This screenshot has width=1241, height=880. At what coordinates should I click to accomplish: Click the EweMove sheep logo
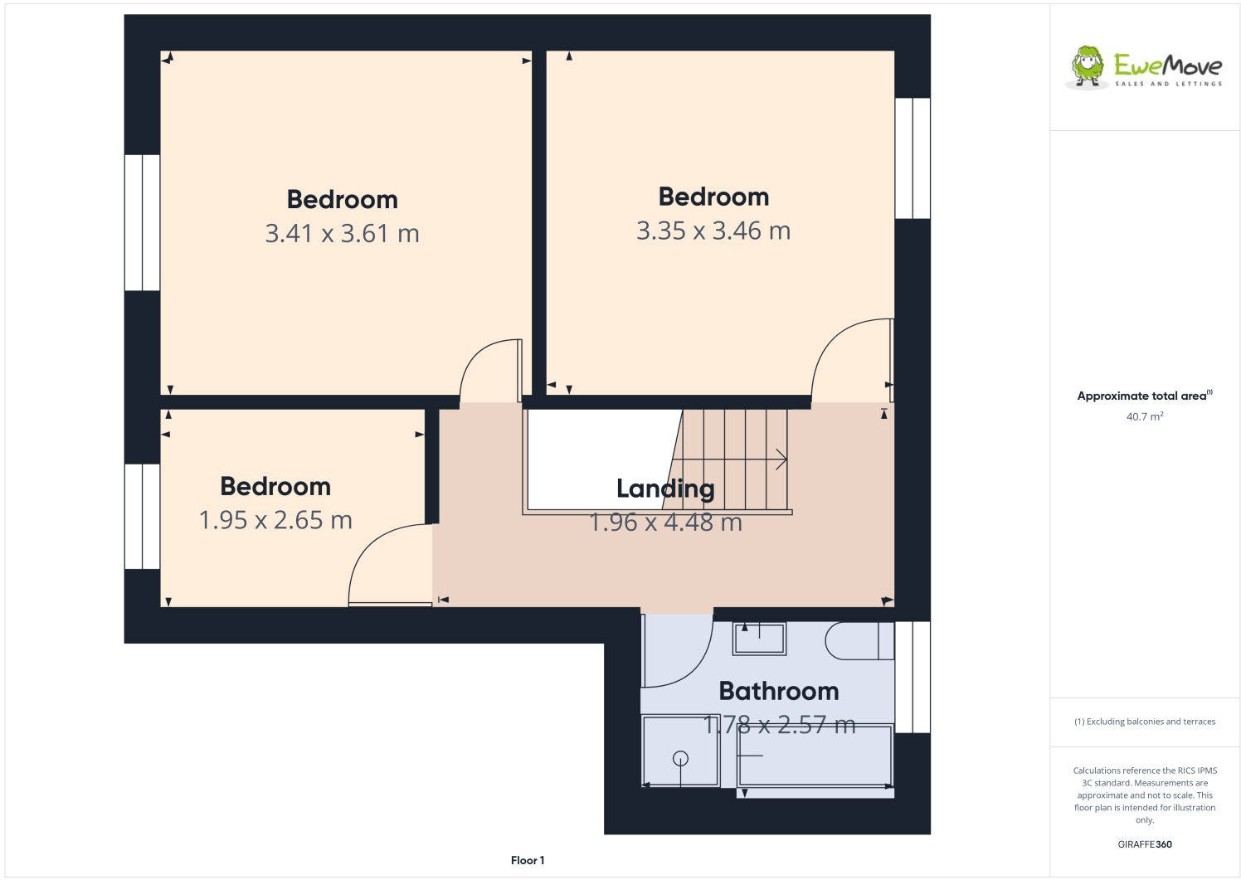[x=1088, y=66]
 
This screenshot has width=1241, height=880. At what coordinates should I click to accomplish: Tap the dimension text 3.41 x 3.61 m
[x=342, y=234]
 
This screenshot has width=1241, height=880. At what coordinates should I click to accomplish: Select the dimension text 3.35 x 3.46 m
[x=713, y=231]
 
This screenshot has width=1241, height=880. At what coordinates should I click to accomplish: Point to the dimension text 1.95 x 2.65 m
[x=275, y=520]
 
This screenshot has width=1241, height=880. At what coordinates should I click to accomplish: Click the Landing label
[x=665, y=489]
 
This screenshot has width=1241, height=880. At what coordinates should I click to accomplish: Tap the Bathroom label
[x=778, y=691]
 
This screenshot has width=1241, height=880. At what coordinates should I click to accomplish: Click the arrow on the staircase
[x=780, y=459]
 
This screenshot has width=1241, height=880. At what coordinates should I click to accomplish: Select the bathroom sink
[x=759, y=639]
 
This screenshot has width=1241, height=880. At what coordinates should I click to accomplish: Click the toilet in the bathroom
[x=859, y=640]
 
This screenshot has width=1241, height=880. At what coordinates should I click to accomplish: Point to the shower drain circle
[x=680, y=757]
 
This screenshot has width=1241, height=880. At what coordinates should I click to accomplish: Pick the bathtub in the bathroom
[x=815, y=756]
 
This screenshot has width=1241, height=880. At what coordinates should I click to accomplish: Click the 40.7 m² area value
[x=1144, y=416]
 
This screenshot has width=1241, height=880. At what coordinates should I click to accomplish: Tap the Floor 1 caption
[x=528, y=860]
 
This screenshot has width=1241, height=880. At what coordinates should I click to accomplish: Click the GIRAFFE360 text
[x=1144, y=844]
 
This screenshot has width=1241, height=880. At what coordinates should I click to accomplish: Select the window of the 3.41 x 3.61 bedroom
[x=142, y=222]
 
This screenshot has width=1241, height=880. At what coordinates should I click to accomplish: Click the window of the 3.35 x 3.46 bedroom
[x=912, y=158]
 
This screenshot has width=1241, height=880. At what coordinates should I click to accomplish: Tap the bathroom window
[x=912, y=677]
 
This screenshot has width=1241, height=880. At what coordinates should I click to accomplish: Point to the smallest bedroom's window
[x=142, y=516]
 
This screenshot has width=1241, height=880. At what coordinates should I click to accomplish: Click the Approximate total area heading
[x=1144, y=396]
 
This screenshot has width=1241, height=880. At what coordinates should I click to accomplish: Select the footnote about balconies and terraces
[x=1144, y=722]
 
